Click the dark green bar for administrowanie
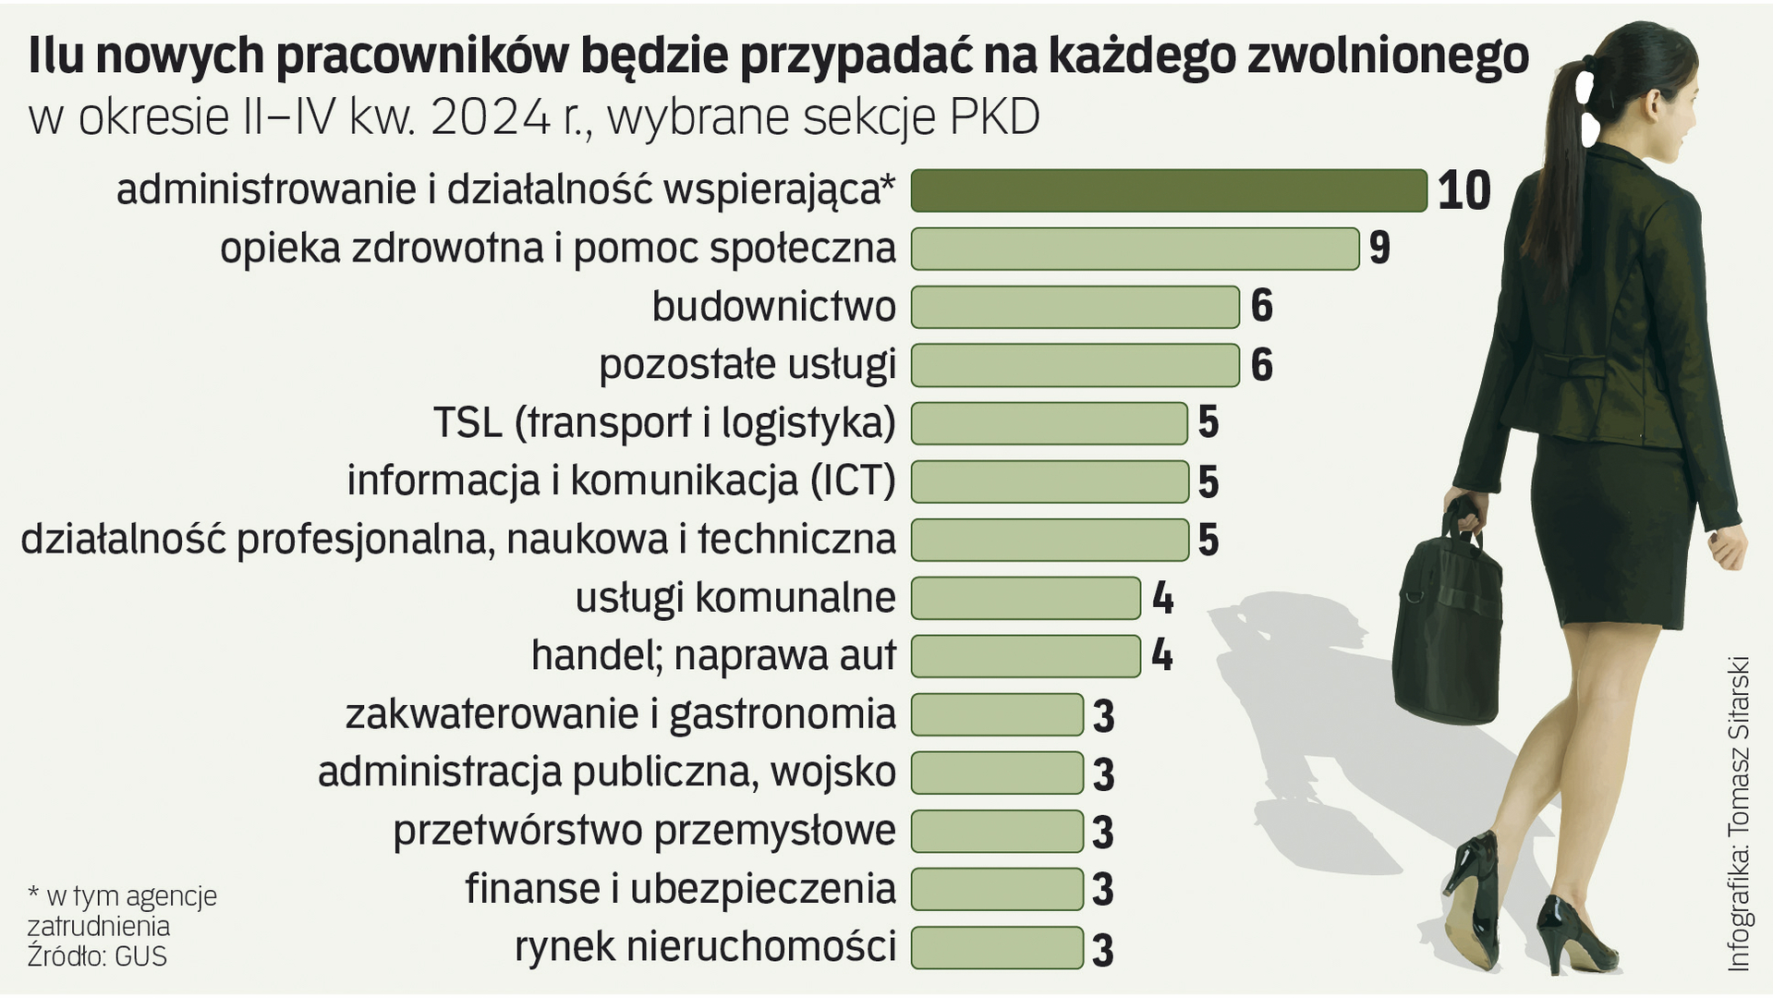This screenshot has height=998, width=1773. tap(1169, 190)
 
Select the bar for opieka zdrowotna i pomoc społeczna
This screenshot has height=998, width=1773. tap(1135, 249)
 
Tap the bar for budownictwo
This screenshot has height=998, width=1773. tap(1075, 307)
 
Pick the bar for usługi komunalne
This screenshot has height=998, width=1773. tap(1026, 598)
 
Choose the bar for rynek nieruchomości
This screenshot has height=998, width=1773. tap(997, 947)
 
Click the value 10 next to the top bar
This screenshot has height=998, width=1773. tap(1463, 190)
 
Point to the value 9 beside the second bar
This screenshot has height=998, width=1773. tap(1379, 249)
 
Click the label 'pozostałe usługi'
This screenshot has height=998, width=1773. tap(747, 365)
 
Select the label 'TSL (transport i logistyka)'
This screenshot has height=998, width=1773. tap(664, 423)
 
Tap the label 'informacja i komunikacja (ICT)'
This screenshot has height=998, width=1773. tap(621, 481)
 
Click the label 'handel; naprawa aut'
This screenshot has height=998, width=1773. tap(713, 656)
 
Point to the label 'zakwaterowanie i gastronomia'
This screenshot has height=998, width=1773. tap(620, 714)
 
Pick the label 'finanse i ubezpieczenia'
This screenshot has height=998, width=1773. tap(680, 889)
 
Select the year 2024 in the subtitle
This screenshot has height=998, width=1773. tap(490, 117)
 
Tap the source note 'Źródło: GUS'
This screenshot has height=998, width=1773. tap(97, 956)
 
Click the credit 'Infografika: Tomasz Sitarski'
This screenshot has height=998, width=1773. tap(1738, 813)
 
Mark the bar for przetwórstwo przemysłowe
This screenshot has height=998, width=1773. tap(997, 831)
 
